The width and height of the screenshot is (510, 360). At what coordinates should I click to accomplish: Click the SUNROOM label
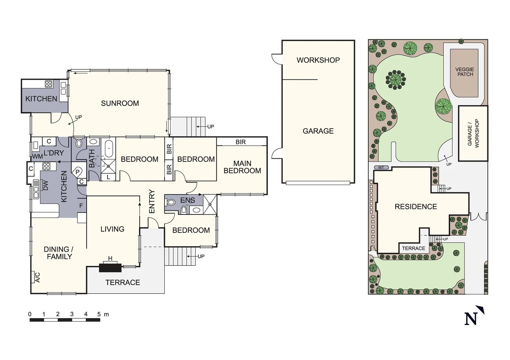(120, 103)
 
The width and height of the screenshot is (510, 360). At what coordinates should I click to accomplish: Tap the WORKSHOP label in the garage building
(318, 60)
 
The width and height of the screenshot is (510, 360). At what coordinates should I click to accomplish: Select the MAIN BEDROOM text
(242, 167)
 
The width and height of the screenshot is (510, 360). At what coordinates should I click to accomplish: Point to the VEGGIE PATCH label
(465, 72)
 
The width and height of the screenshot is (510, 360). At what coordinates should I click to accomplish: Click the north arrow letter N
(471, 319)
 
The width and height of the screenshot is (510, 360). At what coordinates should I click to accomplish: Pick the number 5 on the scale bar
(99, 314)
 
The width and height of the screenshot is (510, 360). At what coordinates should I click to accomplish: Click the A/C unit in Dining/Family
(37, 277)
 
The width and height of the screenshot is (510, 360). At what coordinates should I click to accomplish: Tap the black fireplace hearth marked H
(110, 267)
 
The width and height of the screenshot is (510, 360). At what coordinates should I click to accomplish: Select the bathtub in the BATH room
(109, 149)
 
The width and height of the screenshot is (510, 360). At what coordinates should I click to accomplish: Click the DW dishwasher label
(46, 185)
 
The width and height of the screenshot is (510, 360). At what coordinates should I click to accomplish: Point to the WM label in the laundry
(37, 156)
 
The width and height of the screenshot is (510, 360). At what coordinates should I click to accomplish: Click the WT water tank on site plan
(381, 168)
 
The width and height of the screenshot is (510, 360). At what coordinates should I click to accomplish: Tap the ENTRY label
(152, 201)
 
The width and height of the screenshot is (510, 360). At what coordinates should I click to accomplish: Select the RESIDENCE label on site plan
(415, 207)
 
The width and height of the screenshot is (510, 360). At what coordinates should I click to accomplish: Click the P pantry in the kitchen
(77, 172)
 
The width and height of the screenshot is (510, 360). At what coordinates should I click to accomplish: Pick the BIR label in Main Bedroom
(240, 142)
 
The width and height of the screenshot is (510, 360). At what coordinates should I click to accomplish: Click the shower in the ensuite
(210, 204)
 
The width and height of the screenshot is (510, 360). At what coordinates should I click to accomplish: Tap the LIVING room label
(112, 229)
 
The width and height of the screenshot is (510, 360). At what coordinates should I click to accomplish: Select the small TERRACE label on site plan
(413, 248)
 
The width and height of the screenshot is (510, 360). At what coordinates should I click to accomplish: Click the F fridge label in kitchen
(81, 206)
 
